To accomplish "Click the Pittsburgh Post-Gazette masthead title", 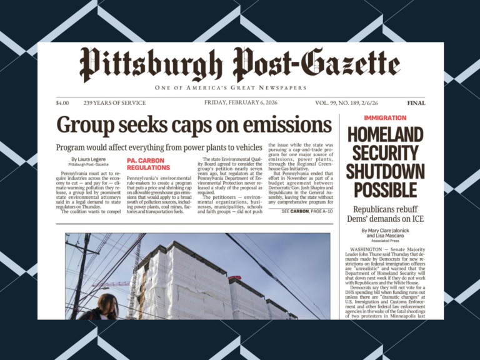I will tap(240, 64).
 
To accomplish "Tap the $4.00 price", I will tap(62, 103).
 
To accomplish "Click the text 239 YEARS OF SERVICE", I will tap(114, 103).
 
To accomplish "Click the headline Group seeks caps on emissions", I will tap(194, 124).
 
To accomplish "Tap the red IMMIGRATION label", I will tap(385, 117).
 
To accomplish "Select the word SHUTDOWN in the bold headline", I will tap(386, 170).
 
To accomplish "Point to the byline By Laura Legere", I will tap(87, 159).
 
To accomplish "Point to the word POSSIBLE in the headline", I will tap(386, 189).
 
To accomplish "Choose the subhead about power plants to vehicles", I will tap(159, 147).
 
